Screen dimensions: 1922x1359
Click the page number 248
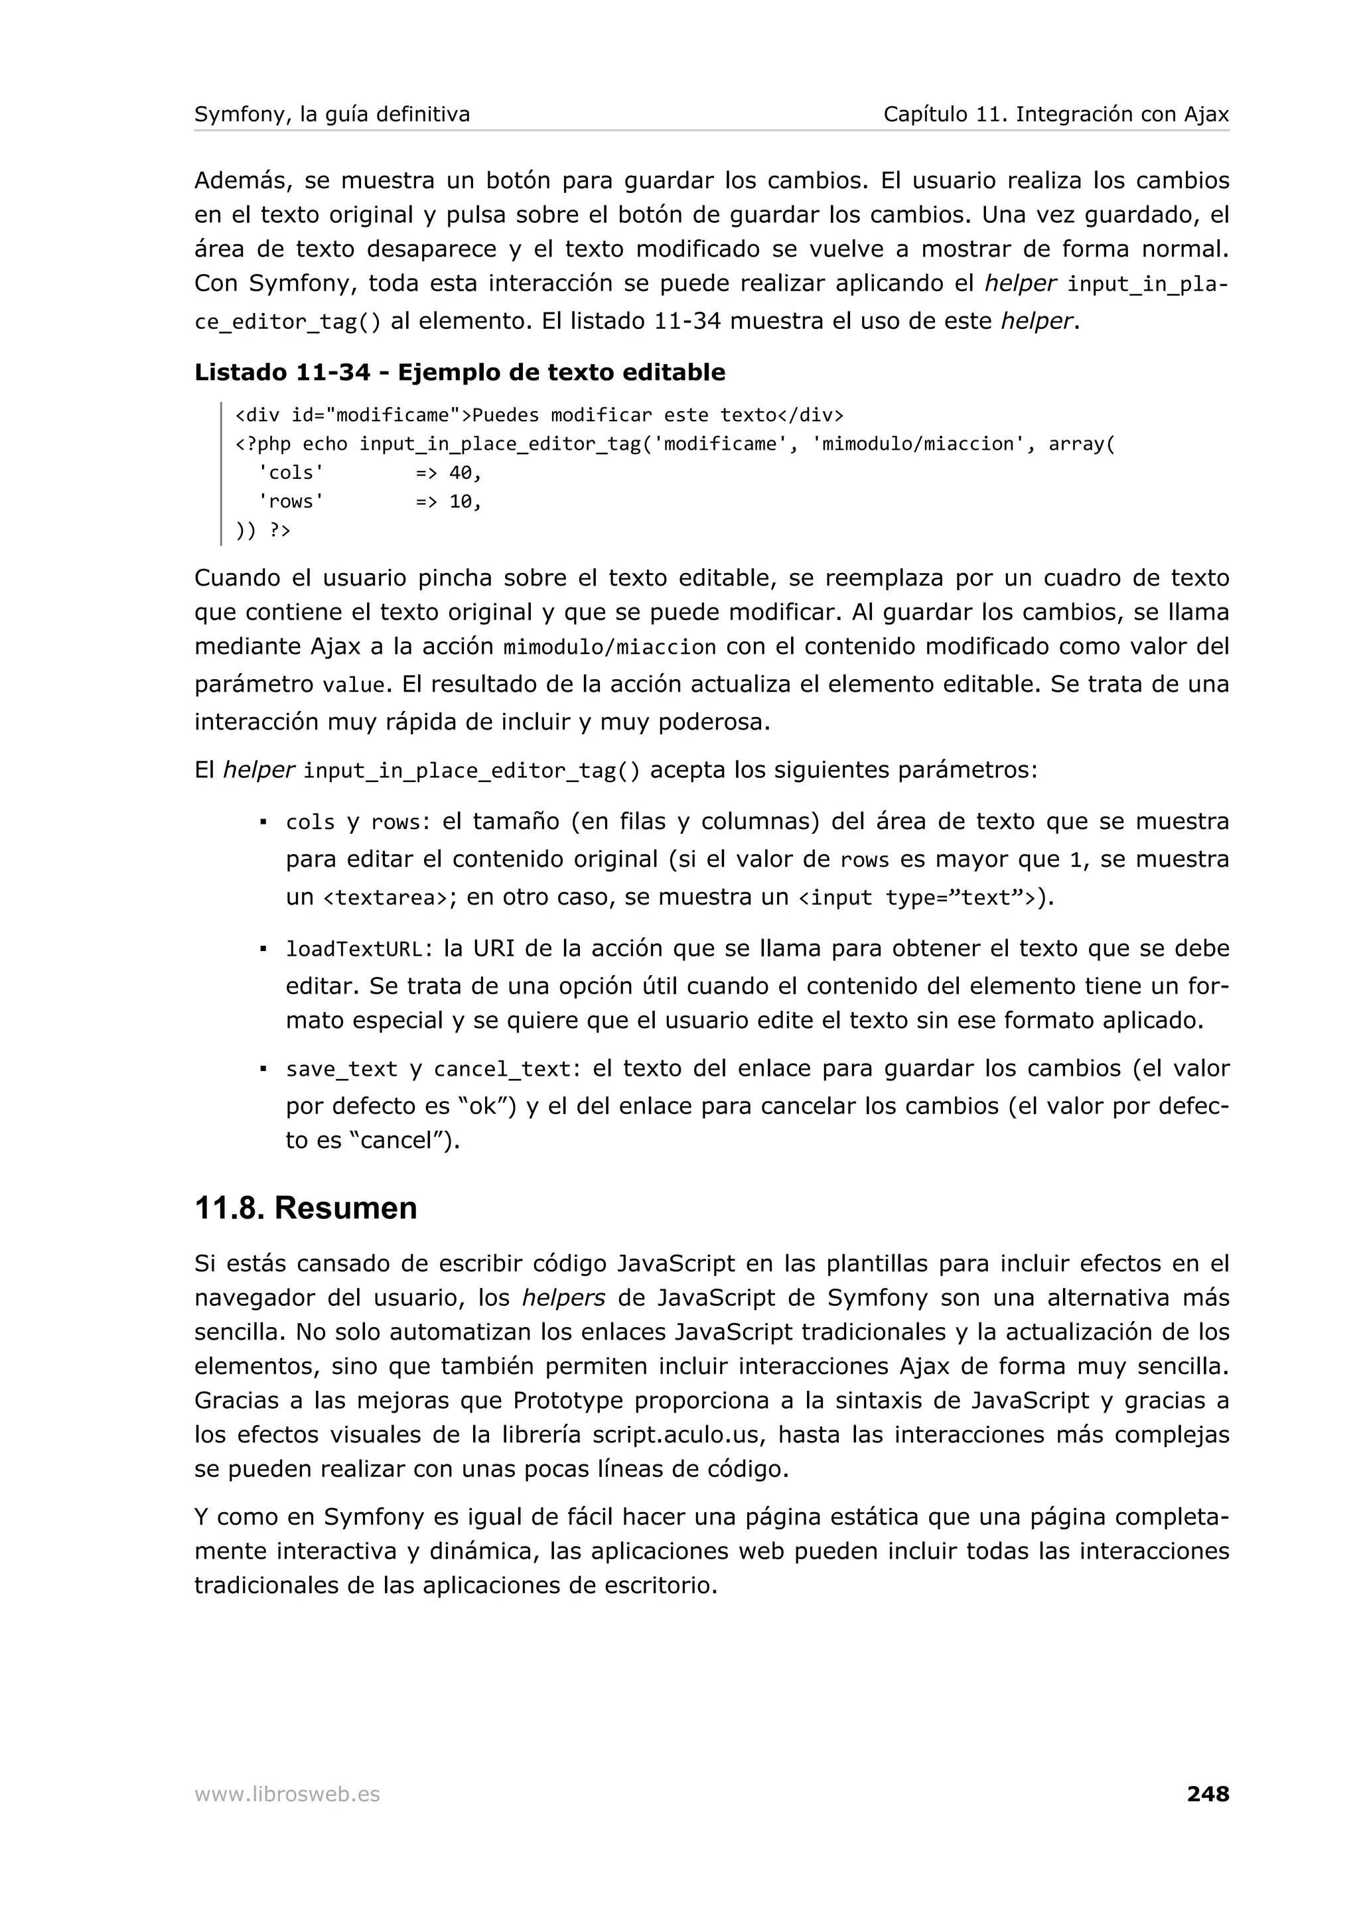1208,1793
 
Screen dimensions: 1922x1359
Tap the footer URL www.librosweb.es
287,1794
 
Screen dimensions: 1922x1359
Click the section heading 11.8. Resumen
306,1208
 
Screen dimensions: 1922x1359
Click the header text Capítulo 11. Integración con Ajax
1056,114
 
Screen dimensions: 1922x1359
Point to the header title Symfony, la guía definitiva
332,114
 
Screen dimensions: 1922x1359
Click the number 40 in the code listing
461,473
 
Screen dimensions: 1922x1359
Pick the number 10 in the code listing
461,501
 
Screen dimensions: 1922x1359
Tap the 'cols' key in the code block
291,473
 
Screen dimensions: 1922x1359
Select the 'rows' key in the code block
291,501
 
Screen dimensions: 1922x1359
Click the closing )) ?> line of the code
263,531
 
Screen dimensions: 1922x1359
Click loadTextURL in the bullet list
354,949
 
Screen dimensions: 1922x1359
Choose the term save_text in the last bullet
342,1070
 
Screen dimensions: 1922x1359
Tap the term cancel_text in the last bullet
502,1070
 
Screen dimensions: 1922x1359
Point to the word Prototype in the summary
569,1401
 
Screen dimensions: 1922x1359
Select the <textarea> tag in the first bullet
384,898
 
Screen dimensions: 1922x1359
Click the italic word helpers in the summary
563,1299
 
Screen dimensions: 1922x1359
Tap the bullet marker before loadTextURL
263,949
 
